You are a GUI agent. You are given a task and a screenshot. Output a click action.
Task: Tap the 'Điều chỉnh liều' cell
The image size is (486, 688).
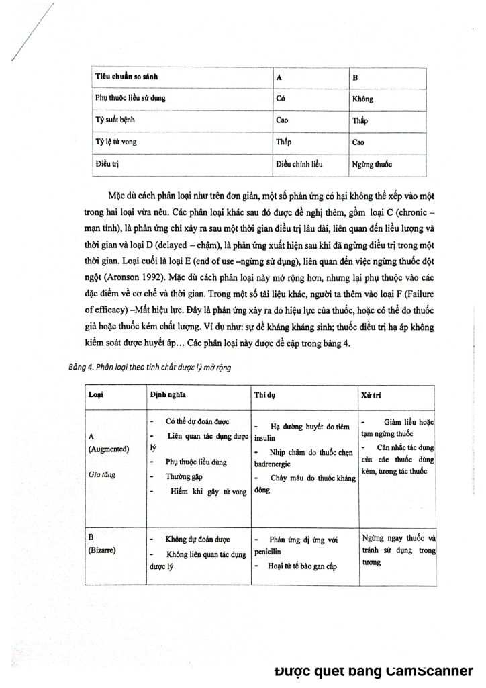point(299,164)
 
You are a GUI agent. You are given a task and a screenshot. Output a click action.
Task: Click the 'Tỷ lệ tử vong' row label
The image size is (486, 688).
point(113,142)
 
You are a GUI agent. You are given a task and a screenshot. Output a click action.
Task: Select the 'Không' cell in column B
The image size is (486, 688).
point(362,99)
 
